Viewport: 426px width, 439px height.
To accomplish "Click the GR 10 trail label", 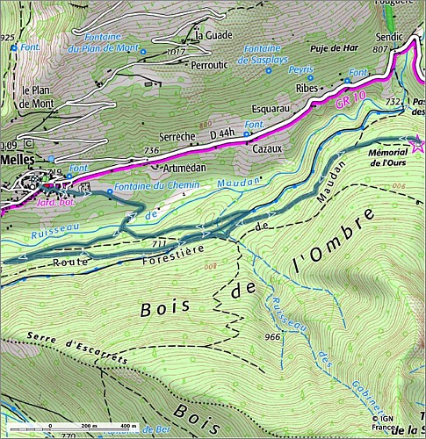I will coord(347,102).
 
